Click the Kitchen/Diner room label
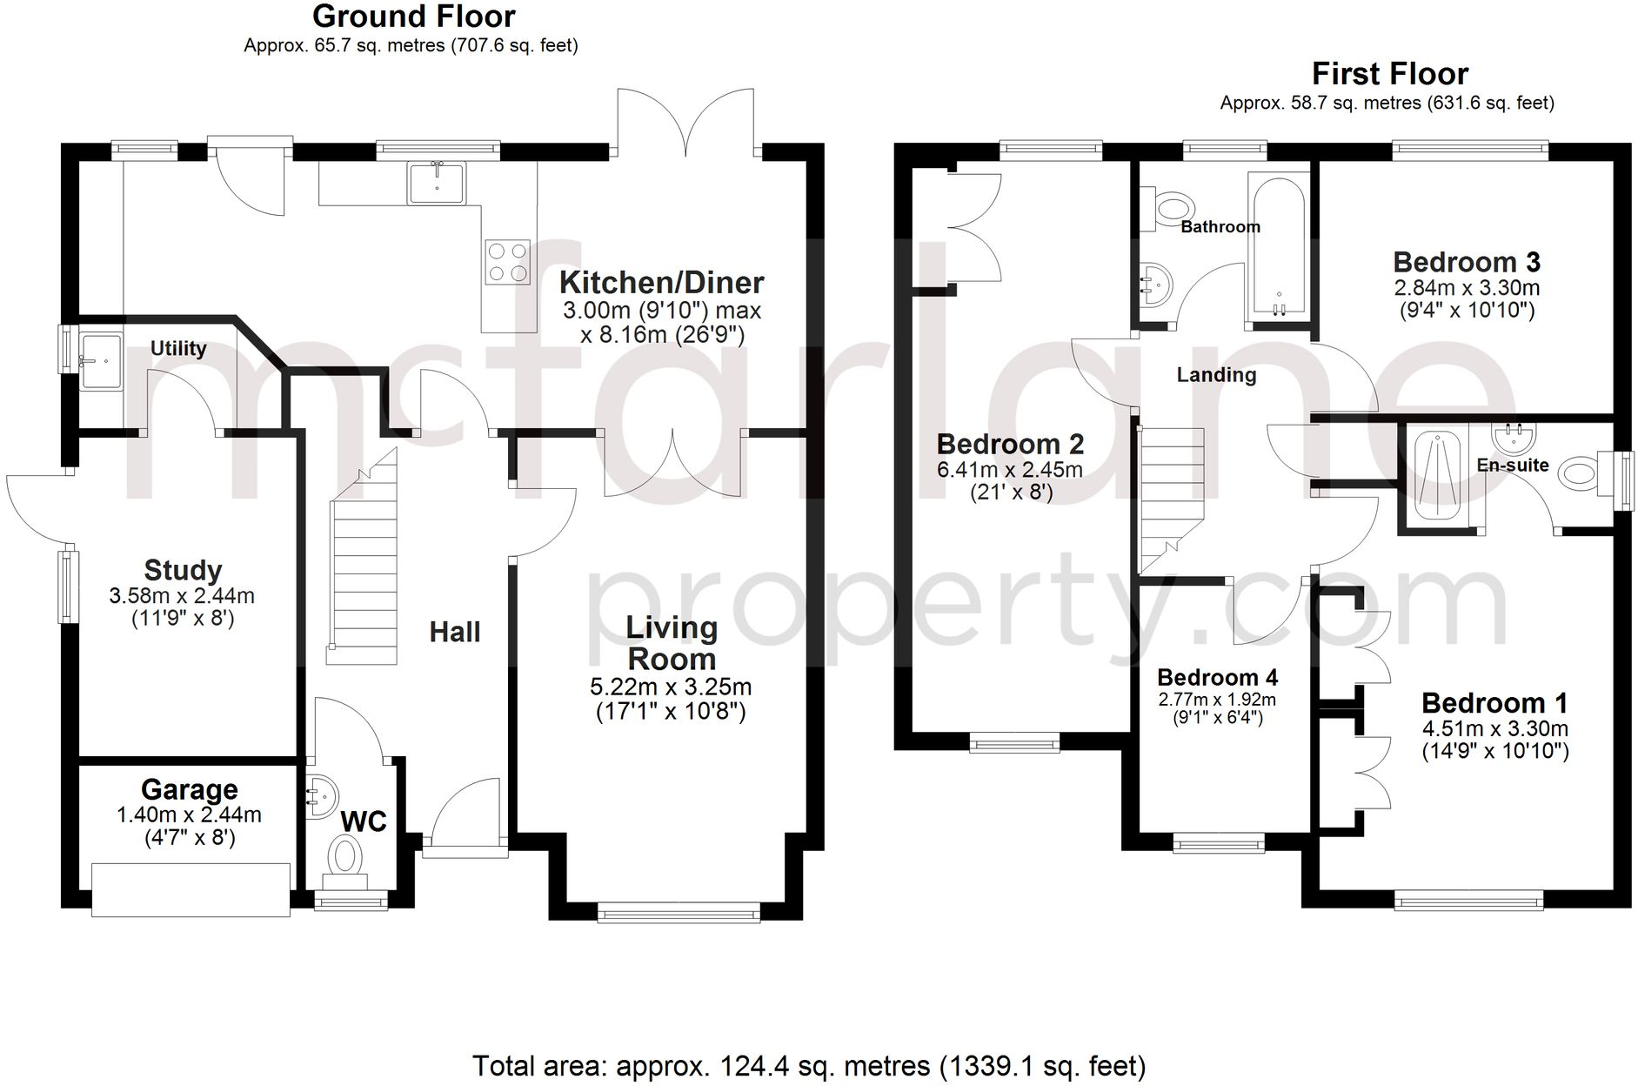[661, 283]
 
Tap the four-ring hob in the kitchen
[508, 262]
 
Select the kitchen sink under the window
[437, 182]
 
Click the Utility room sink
[101, 360]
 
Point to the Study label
[183, 570]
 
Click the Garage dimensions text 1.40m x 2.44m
[189, 815]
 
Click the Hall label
[454, 632]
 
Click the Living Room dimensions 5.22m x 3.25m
[671, 687]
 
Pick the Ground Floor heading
[413, 17]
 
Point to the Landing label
[1216, 375]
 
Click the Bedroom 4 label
[1217, 677]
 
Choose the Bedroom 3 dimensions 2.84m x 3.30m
[1467, 287]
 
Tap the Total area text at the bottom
[809, 1066]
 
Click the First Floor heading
[1390, 73]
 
